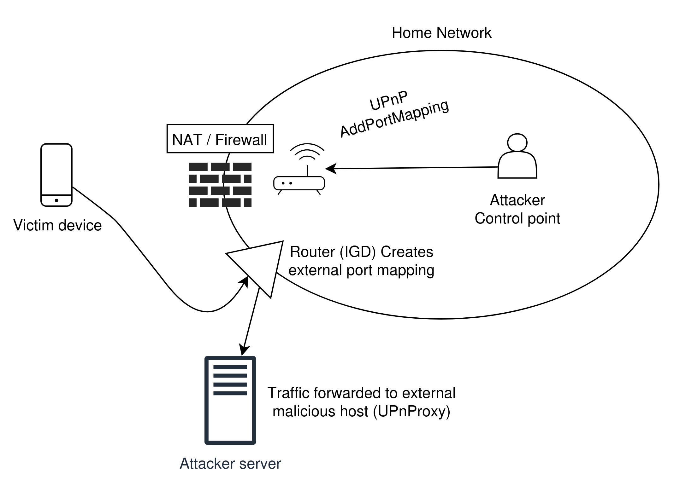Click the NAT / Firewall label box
[220, 139]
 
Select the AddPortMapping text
[394, 119]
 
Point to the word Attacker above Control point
[517, 200]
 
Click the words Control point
[517, 219]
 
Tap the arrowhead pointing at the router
[329, 169]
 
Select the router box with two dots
[299, 183]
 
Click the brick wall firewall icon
[220, 185]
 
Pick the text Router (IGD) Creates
[361, 252]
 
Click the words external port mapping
[361, 270]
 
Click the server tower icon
[230, 400]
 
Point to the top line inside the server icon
[230, 367]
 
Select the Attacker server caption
[230, 463]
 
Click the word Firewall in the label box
[241, 139]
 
